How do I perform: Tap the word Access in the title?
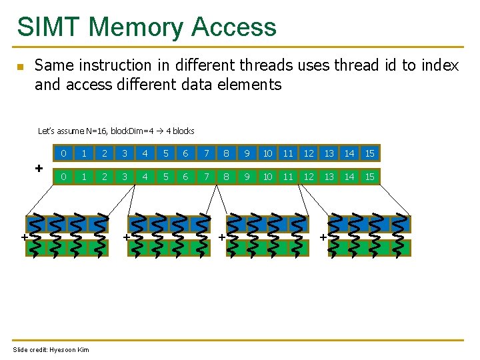[233, 27]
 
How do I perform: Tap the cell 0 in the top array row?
[63, 154]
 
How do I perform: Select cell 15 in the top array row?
[369, 154]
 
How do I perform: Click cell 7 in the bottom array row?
[207, 177]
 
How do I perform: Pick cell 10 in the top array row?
[267, 154]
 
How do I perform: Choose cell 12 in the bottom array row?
[309, 177]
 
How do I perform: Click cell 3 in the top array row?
[125, 154]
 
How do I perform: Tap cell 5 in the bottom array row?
[165, 177]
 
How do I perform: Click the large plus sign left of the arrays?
[39, 167]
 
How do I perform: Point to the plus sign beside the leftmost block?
[23, 237]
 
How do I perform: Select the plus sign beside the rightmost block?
[323, 237]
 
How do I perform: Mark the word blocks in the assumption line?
[183, 131]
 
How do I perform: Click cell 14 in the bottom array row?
[349, 177]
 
